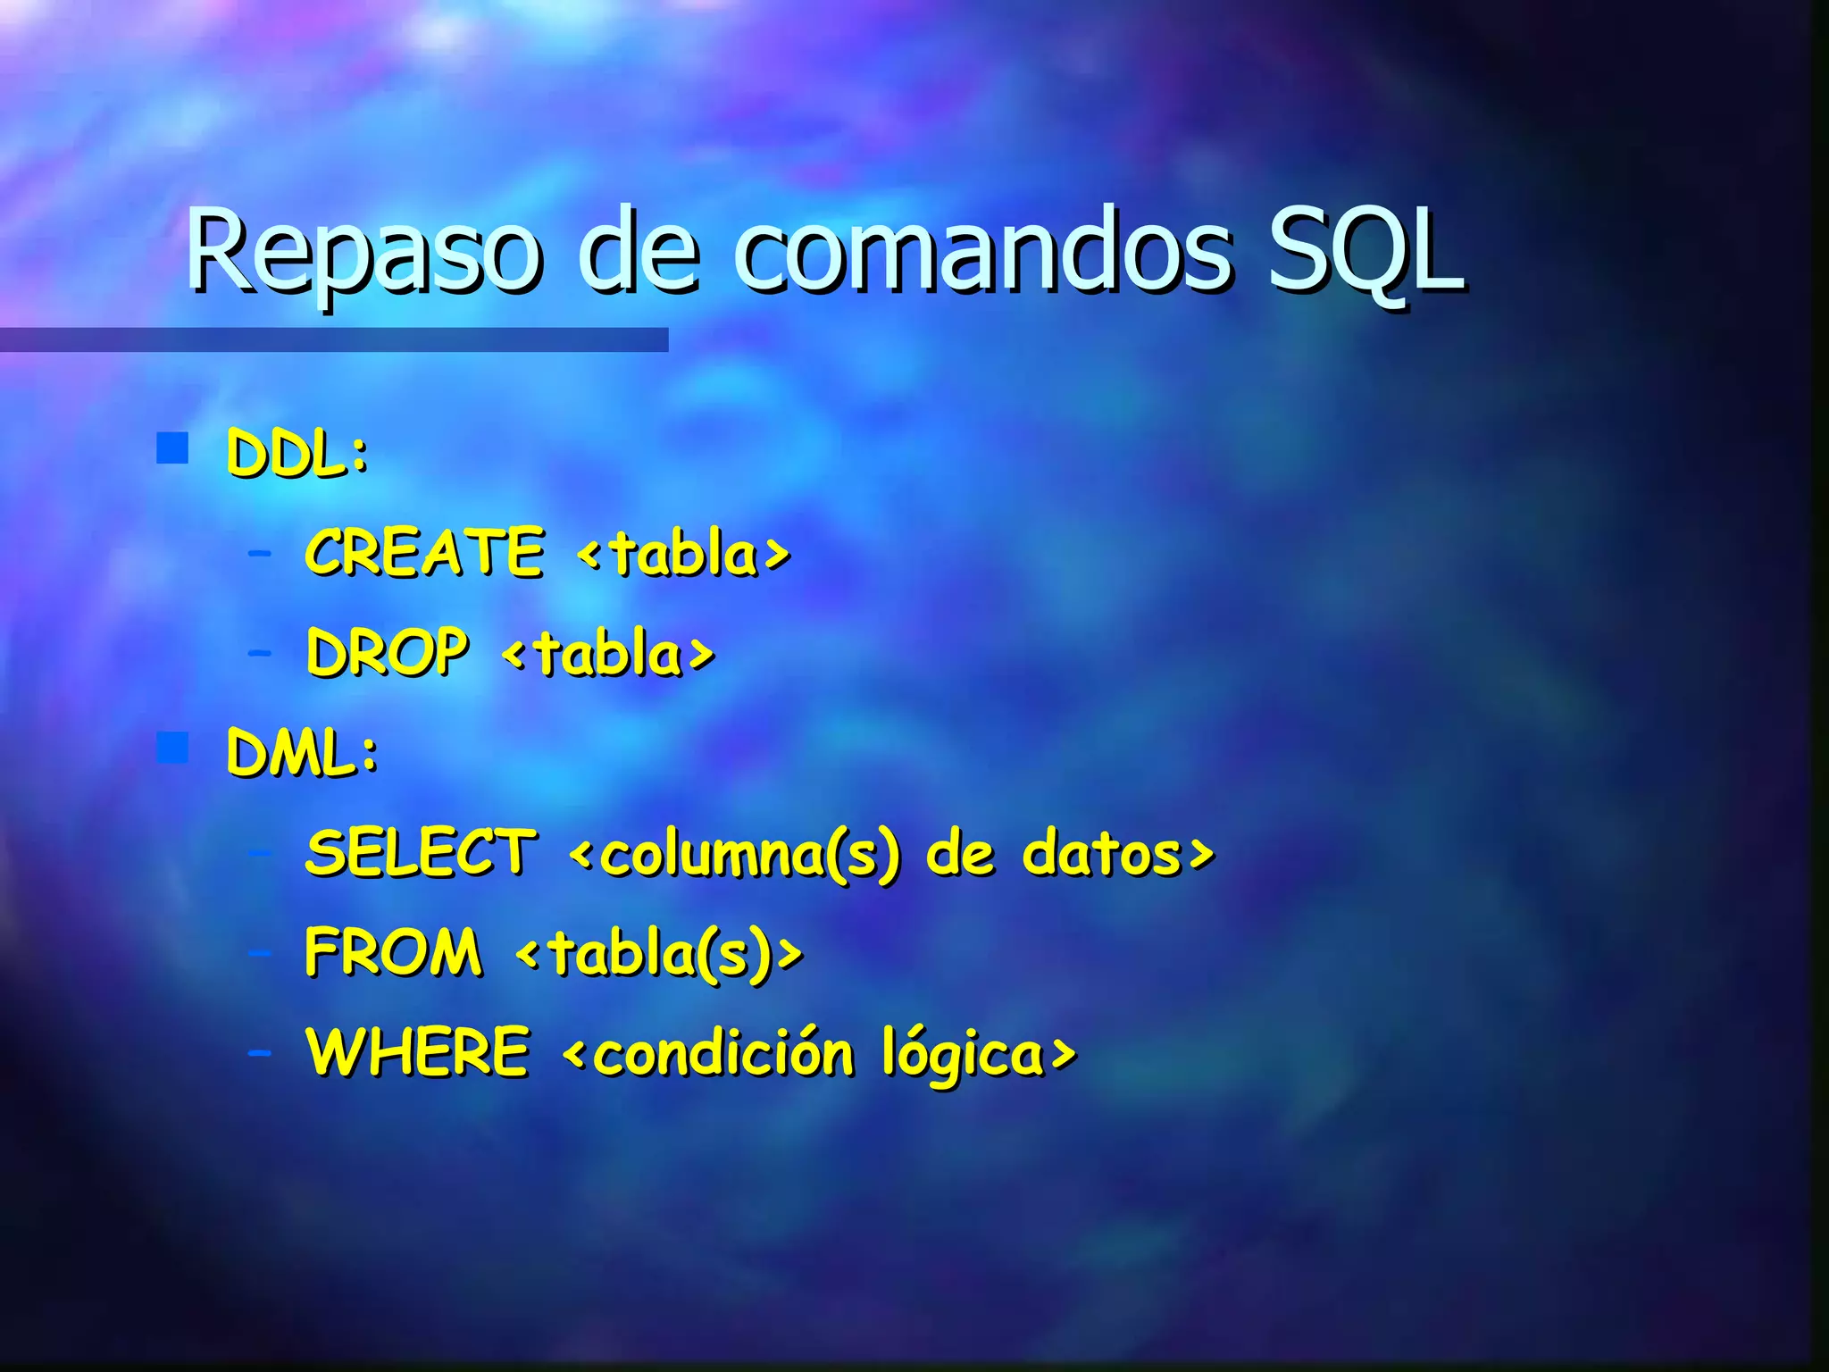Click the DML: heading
[303, 752]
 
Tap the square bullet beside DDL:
[172, 448]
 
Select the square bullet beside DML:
[172, 748]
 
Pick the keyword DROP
[387, 652]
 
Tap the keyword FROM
[393, 951]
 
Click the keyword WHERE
[418, 1051]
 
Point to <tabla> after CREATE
[684, 554]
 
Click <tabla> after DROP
[608, 654]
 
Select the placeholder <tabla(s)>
[659, 953]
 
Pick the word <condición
[709, 1053]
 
